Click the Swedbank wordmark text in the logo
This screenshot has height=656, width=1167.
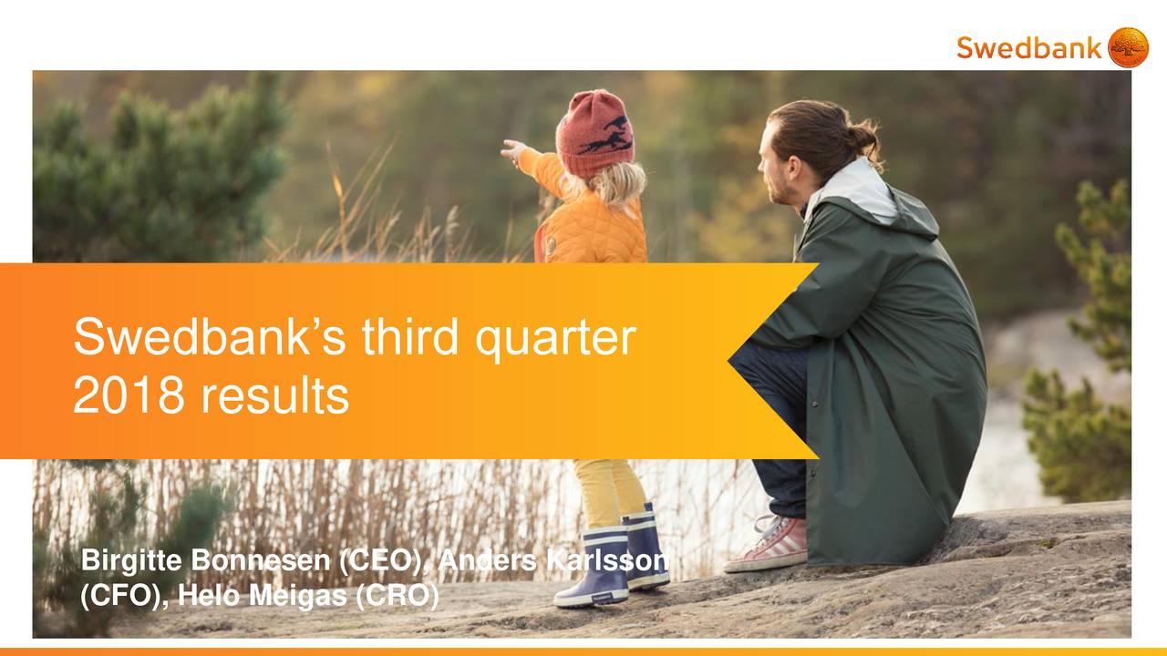coord(1028,47)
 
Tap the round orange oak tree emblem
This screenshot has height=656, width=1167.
coord(1128,47)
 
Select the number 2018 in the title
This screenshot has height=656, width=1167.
coord(126,396)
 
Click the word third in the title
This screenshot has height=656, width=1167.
coord(415,337)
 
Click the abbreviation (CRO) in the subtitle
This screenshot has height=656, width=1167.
coord(396,597)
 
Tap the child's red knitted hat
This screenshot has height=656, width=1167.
coord(594,132)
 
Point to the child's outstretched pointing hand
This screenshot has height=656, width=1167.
coord(512,149)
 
